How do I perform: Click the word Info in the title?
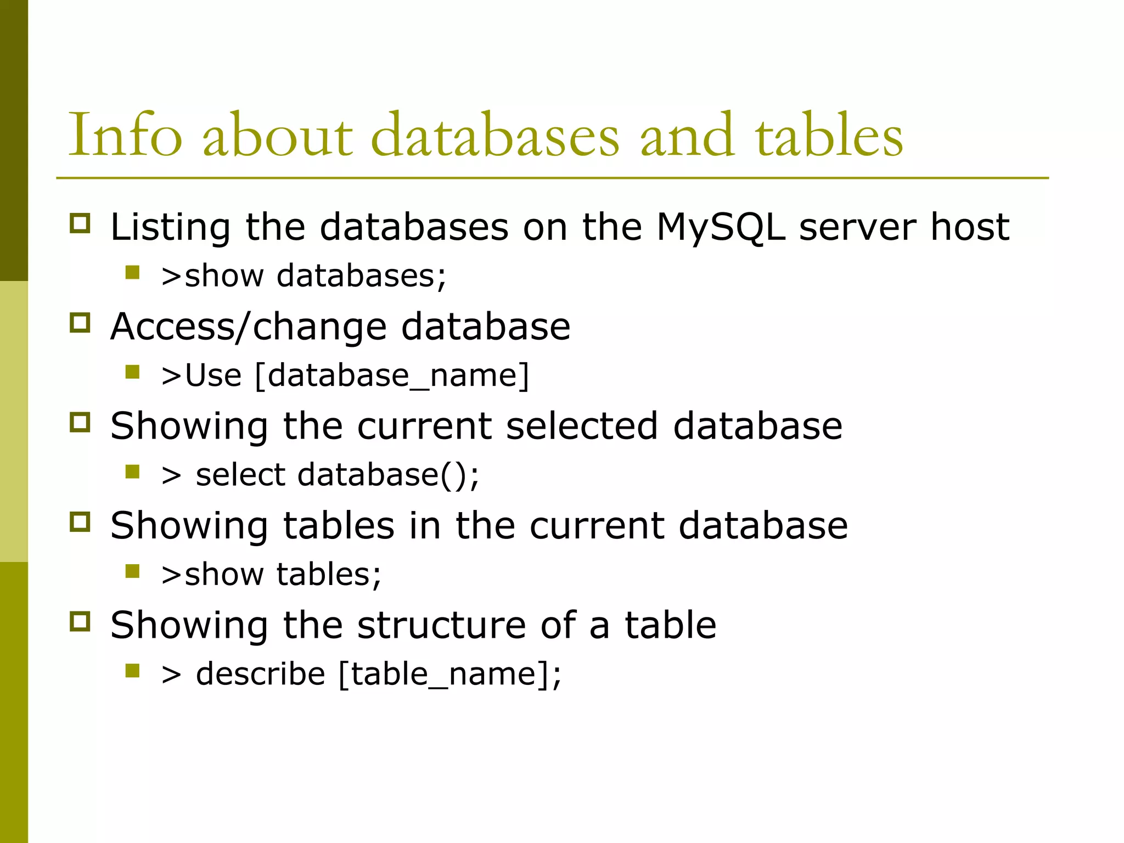click(125, 136)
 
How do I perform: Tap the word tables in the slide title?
click(829, 136)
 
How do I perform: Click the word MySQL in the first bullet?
click(721, 227)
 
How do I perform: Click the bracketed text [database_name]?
click(392, 376)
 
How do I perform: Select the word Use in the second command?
click(213, 376)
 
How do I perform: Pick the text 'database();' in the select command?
click(388, 475)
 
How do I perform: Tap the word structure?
click(441, 625)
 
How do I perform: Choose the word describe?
click(261, 674)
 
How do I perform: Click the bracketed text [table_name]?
click(450, 675)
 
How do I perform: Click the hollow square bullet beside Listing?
click(80, 223)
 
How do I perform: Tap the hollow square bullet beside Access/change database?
click(80, 323)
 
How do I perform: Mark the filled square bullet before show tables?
click(132, 571)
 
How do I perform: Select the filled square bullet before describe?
click(132, 671)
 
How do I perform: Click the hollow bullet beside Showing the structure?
click(80, 621)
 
